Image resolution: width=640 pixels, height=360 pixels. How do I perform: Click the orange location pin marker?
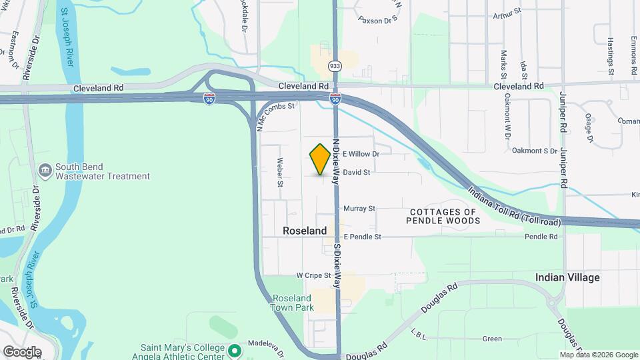point(320,159)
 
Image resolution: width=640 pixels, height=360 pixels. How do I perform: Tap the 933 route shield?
point(335,65)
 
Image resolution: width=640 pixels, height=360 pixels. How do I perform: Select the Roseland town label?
point(305,231)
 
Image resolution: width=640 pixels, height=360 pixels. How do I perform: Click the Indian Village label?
point(567,277)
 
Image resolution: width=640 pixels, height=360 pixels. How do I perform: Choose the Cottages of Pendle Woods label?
point(442,216)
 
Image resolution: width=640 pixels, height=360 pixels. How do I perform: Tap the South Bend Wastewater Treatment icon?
point(45,171)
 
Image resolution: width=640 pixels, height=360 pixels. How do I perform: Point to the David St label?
point(357,172)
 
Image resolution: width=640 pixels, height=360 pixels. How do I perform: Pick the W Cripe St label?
point(313,275)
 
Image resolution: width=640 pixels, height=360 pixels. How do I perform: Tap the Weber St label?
point(281,172)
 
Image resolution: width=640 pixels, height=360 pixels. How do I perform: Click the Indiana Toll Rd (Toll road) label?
point(513,205)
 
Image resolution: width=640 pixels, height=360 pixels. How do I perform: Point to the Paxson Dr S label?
point(377,20)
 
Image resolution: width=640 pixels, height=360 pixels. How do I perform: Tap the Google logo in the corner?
point(22,351)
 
